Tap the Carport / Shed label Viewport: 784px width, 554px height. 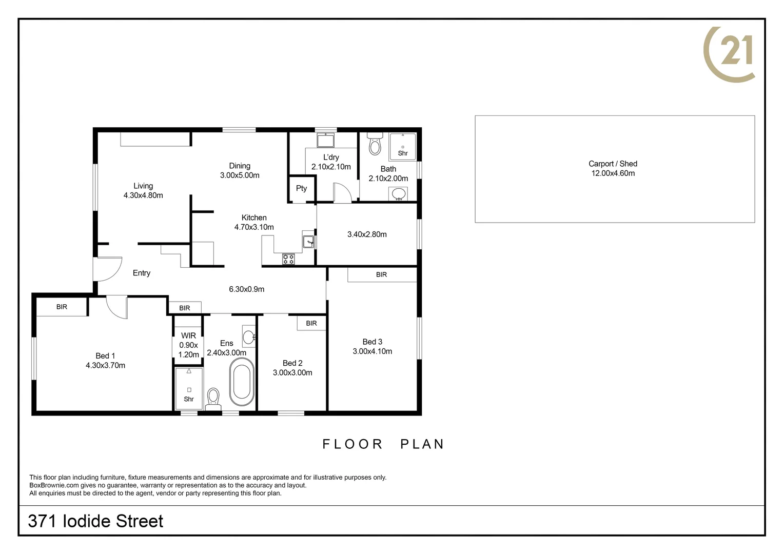(613, 164)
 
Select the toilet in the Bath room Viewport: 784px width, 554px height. (375, 144)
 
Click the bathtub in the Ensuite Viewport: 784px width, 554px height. (242, 382)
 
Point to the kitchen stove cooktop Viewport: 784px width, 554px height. (288, 259)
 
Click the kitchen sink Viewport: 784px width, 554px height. (308, 242)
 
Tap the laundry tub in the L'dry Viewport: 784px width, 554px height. (325, 140)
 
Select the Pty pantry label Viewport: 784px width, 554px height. (301, 188)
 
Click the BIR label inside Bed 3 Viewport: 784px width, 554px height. (382, 275)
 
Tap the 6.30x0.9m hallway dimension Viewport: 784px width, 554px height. (246, 289)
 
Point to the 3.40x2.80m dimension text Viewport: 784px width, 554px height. (367, 234)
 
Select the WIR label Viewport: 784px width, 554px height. (188, 335)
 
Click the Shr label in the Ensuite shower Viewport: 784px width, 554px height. (189, 399)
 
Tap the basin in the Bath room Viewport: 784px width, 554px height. (398, 194)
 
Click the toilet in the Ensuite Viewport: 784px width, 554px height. (213, 399)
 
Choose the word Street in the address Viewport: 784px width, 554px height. (139, 521)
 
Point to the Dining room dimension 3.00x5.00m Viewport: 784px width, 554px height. (240, 175)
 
